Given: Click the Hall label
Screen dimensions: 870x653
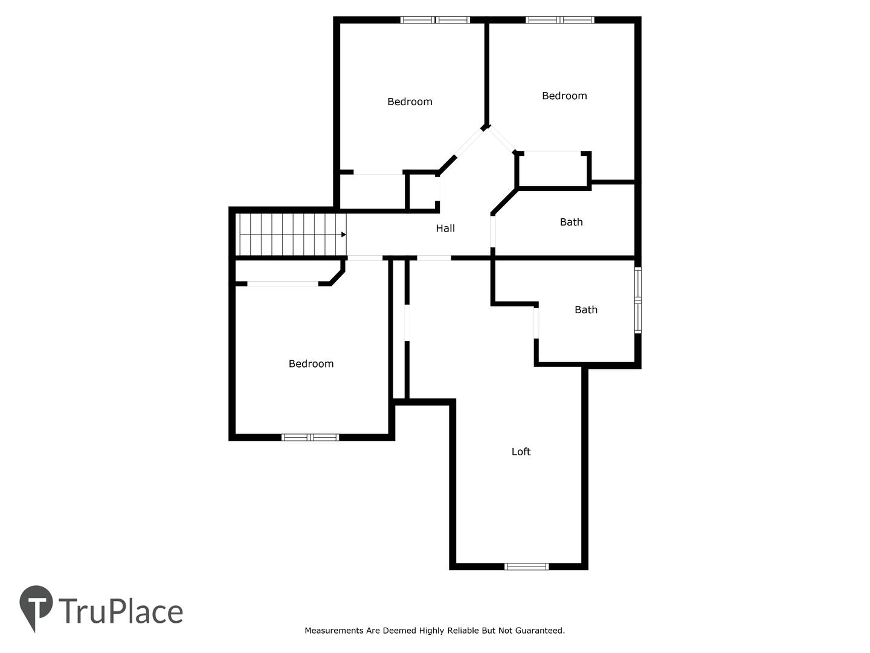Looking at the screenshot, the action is tap(445, 228).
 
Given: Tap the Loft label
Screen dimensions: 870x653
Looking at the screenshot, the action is tap(521, 451).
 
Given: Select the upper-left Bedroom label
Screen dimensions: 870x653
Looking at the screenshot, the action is tap(410, 102).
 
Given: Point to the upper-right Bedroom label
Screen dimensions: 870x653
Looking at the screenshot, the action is tap(564, 96).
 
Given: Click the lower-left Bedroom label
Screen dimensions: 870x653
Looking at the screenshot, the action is tap(311, 363).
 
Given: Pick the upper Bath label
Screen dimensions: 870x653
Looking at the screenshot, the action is tap(571, 222).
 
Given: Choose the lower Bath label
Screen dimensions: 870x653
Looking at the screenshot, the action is tap(586, 309).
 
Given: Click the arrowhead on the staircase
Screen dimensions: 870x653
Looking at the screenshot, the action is tap(344, 235).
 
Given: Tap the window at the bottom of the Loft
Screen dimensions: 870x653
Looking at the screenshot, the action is tap(527, 567).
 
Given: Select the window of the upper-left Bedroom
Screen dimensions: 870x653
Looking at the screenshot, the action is tap(435, 20).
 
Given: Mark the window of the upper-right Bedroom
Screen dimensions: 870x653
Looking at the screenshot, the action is tap(560, 20).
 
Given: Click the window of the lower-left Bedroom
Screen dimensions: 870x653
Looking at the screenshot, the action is tap(311, 437).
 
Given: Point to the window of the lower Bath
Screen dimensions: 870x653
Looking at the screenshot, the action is tap(638, 300).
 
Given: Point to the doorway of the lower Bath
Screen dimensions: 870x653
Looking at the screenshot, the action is tap(536, 323).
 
